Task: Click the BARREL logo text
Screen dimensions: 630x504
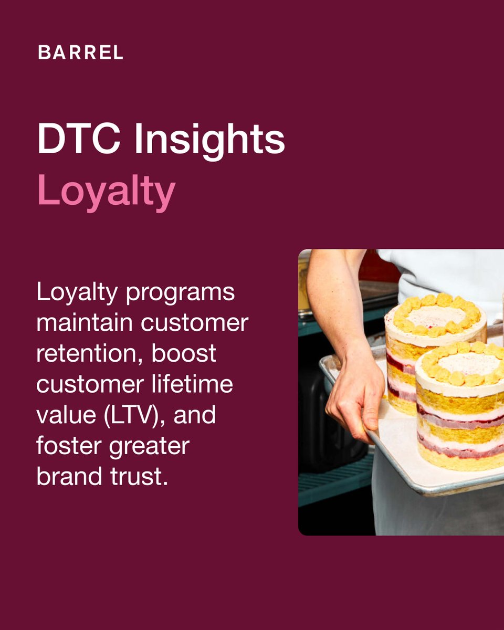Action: point(80,52)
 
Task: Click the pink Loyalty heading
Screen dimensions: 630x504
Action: point(106,192)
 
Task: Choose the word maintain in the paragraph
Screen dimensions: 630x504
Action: point(85,323)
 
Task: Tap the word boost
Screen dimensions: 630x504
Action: point(184,353)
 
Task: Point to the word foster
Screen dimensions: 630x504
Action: point(64,447)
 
